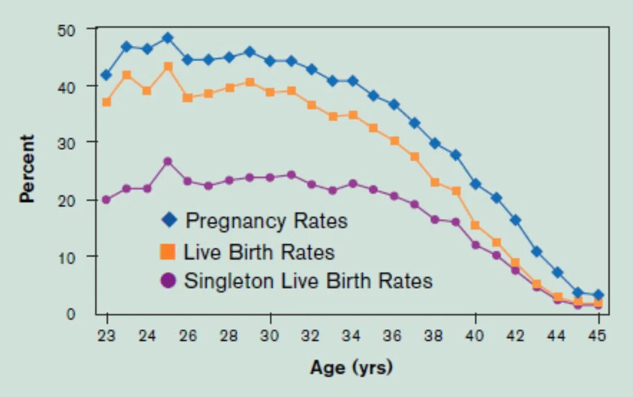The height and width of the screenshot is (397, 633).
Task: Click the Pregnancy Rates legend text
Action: [266, 220]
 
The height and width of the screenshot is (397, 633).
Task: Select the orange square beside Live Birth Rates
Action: [168, 252]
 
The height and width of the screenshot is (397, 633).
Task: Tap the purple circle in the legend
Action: [168, 281]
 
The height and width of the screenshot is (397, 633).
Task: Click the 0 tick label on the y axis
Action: [72, 314]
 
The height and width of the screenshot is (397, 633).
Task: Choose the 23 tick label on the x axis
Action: [106, 335]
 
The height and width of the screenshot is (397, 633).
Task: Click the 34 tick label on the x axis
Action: [352, 335]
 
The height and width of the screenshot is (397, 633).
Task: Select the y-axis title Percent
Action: [27, 168]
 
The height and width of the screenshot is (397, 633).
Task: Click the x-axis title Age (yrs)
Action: [351, 367]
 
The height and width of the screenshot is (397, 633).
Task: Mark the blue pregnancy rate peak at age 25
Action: [168, 38]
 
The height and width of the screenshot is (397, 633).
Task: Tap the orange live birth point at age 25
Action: [168, 67]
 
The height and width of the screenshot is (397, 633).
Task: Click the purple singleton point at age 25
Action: [168, 161]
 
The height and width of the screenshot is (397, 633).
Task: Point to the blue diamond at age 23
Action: [106, 75]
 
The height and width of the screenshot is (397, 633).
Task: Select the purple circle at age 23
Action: [106, 200]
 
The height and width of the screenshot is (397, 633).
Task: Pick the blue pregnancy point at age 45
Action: [599, 295]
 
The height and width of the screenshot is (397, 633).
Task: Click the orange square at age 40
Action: [476, 225]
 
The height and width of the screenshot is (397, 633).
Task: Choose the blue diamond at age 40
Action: [476, 184]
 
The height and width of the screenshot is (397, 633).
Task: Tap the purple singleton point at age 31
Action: [291, 175]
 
